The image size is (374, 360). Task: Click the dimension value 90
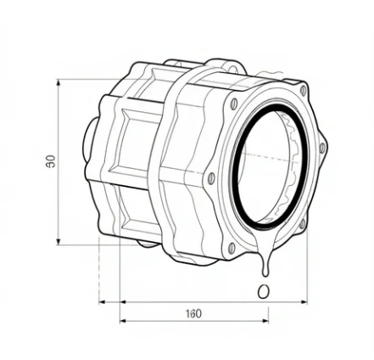(x=52, y=161)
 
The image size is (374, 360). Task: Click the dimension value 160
(x=193, y=313)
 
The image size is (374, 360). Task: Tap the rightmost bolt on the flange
(x=322, y=149)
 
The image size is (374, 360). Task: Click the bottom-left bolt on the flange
(x=231, y=247)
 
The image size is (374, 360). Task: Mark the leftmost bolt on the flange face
(x=210, y=179)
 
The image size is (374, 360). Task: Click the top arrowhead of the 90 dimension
(x=59, y=83)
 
